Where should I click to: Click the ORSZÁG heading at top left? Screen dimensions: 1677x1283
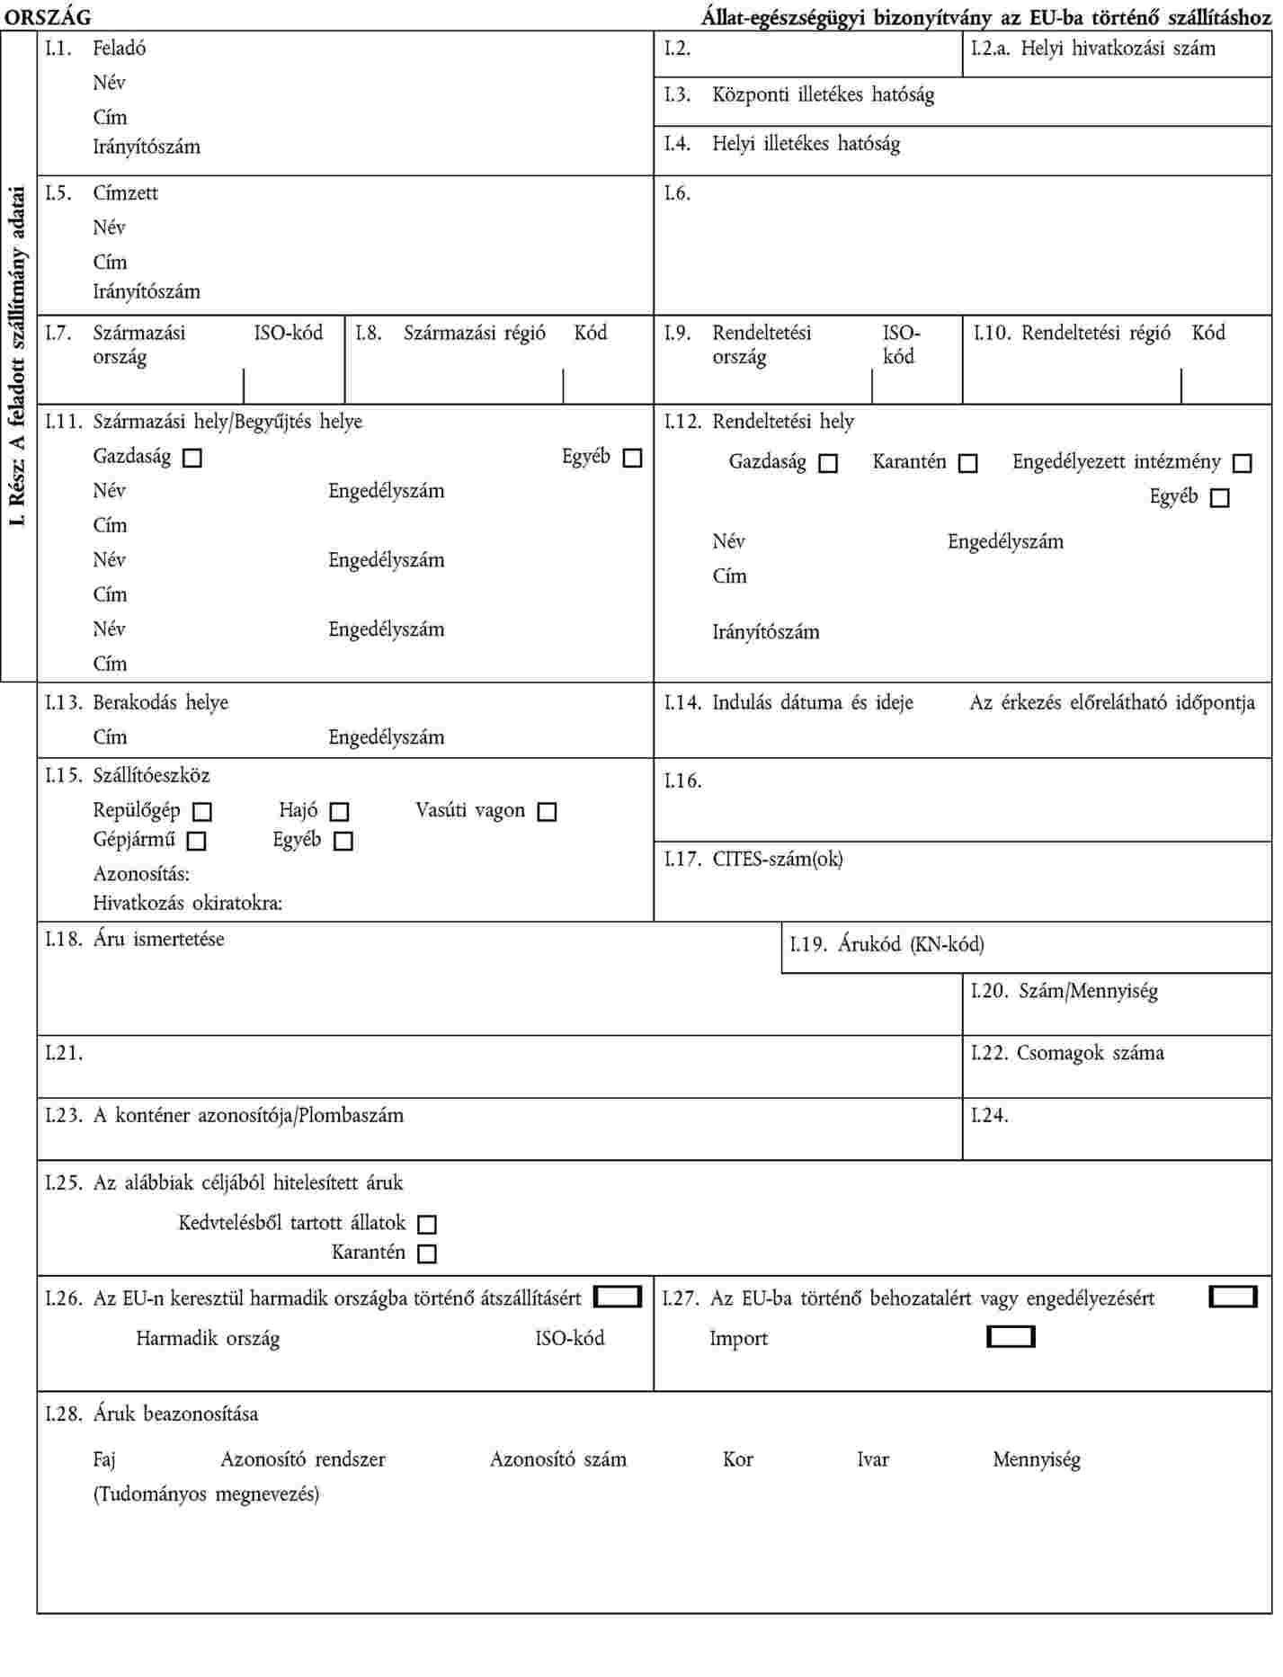click(54, 17)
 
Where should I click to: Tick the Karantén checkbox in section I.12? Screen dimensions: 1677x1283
click(967, 464)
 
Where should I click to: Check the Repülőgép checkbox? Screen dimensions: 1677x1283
click(203, 812)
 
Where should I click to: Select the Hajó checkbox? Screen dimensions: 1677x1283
click(339, 812)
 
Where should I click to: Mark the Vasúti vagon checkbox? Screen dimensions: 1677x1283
click(547, 812)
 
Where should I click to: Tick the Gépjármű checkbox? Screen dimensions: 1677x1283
click(197, 842)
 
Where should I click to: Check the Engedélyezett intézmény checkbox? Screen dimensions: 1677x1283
click(1242, 464)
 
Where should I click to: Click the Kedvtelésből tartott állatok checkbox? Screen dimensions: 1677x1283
click(427, 1225)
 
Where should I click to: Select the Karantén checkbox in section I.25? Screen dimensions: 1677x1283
click(427, 1253)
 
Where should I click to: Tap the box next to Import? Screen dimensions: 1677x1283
click(1011, 1337)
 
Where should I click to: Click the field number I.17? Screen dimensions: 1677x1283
click(682, 860)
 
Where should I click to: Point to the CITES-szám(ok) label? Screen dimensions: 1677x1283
click(778, 860)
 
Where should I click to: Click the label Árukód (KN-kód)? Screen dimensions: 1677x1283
click(911, 945)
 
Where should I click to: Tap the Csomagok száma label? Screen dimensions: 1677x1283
click(1090, 1053)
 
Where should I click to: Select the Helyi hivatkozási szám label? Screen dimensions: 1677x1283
click(1118, 49)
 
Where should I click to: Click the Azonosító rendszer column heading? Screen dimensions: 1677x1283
click(303, 1460)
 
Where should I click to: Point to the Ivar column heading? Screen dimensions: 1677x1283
click(872, 1460)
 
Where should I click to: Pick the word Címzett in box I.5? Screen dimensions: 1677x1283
click(125, 193)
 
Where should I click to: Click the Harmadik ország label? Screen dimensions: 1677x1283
click(208, 1339)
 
